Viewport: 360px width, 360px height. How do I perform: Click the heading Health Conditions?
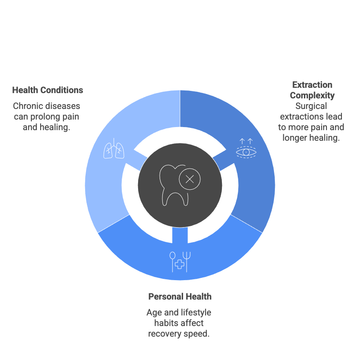pyautogui.click(x=48, y=90)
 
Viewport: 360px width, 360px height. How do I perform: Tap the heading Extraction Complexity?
pyautogui.click(x=312, y=90)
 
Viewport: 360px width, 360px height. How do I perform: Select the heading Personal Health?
pyautogui.click(x=180, y=296)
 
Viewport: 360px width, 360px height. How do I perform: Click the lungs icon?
pyautogui.click(x=114, y=149)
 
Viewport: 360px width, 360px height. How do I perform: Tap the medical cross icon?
pyautogui.click(x=180, y=264)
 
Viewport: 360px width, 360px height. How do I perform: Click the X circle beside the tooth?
pyautogui.click(x=190, y=179)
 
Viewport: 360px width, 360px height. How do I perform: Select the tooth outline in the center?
pyautogui.click(x=170, y=185)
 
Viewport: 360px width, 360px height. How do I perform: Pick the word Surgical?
pyautogui.click(x=311, y=106)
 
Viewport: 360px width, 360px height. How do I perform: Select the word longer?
pyautogui.click(x=295, y=138)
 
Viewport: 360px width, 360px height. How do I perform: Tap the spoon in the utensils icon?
pyautogui.click(x=172, y=262)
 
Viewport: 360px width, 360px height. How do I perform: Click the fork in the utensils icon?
pyautogui.click(x=187, y=262)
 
